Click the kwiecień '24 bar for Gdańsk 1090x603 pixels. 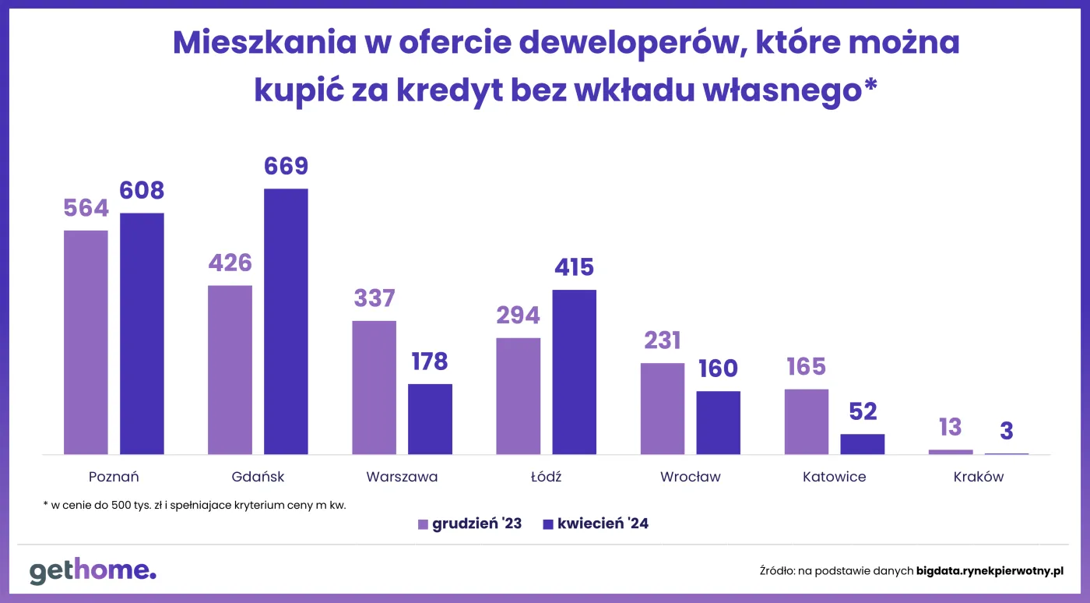[x=286, y=321]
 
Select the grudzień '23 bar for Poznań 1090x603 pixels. [x=86, y=342]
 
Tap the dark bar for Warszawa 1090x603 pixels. [x=430, y=418]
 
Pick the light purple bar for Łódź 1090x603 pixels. [x=518, y=396]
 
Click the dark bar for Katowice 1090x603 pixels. [x=862, y=444]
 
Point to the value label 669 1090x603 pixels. [x=286, y=167]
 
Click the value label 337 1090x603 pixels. [x=374, y=298]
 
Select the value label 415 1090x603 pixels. [x=574, y=268]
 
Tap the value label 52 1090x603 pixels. [x=863, y=411]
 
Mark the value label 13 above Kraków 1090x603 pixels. [x=950, y=428]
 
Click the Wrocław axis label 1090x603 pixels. [x=690, y=477]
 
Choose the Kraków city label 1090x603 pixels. [x=978, y=477]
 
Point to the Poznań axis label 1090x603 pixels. [x=114, y=477]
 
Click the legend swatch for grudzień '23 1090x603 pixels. [x=423, y=524]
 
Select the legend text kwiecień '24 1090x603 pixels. [x=603, y=524]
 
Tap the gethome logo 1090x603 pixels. [x=93, y=570]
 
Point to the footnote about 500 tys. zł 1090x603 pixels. [x=195, y=505]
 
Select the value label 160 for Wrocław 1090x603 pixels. [x=718, y=368]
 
